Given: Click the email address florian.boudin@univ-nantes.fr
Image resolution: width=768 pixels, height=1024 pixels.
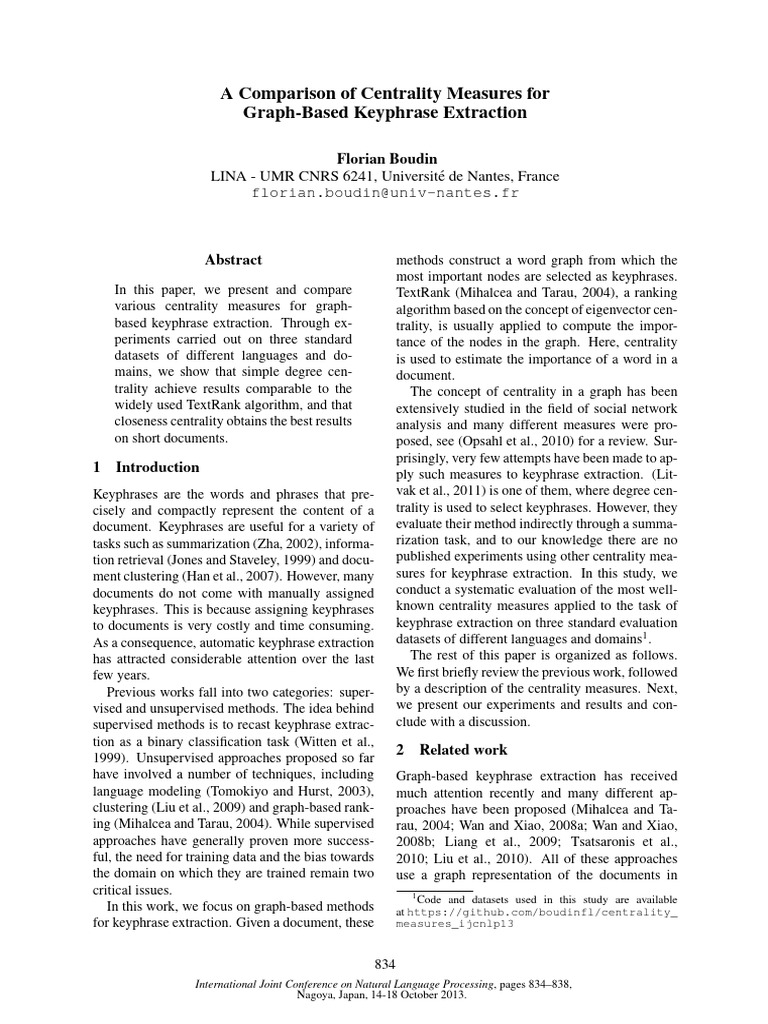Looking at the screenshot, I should click(x=384, y=193).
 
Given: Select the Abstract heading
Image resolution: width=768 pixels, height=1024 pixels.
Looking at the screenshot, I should click(x=232, y=259).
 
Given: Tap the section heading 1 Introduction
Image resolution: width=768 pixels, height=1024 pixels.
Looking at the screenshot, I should click(x=146, y=467).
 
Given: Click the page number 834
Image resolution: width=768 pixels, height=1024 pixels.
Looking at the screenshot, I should click(x=384, y=963).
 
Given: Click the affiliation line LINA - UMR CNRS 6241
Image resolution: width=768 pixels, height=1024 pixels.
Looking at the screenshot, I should click(x=384, y=175).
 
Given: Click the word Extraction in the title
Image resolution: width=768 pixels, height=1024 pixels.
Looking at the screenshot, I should click(x=484, y=113).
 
